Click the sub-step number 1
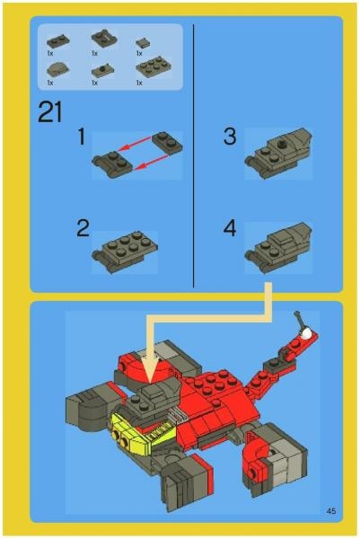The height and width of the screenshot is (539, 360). tap(81, 137)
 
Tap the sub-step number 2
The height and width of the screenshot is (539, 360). tap(83, 228)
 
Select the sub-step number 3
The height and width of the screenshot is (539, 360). tap(230, 137)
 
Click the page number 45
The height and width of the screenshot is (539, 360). tap(331, 511)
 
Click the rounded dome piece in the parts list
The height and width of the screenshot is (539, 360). tap(56, 70)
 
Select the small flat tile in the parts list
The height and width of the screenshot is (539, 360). tap(142, 41)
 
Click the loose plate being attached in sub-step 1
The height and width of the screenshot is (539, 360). tap(167, 141)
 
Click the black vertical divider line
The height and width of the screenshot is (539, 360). tap(194, 153)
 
